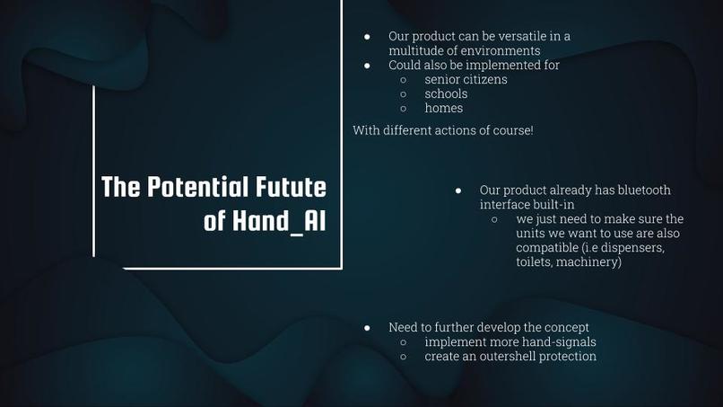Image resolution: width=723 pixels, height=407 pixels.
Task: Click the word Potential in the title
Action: [x=190, y=188]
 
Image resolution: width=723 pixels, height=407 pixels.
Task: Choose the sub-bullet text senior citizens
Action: [x=466, y=79]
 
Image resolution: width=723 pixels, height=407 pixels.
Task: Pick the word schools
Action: [x=446, y=93]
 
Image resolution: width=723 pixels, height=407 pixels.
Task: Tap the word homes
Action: [x=444, y=108]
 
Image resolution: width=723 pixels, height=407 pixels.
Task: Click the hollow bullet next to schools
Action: [x=404, y=93]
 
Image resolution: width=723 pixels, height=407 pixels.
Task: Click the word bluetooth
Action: [x=639, y=190]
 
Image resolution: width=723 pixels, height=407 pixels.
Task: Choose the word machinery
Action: [x=588, y=261]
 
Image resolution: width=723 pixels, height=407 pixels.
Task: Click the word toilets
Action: [x=536, y=261]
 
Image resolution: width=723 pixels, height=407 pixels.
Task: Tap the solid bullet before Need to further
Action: [x=368, y=328]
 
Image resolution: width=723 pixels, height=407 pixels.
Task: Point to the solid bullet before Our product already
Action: [x=458, y=190]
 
